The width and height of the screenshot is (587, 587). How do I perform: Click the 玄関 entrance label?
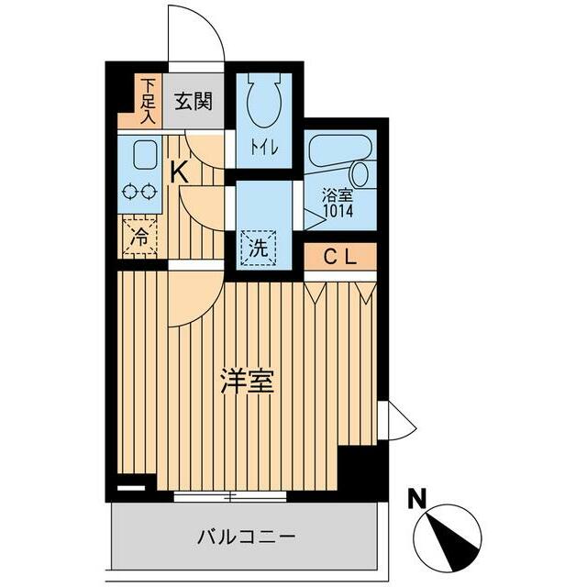194,100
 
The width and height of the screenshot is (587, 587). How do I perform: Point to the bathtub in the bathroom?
338,149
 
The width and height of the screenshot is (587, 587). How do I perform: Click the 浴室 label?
338,194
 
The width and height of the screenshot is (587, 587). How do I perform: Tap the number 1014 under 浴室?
338,209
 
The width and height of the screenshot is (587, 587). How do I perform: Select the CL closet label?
338,257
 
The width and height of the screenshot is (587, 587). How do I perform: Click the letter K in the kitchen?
179,171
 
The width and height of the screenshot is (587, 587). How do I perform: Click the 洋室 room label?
248,382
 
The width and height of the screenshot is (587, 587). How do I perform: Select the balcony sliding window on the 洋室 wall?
230,496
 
